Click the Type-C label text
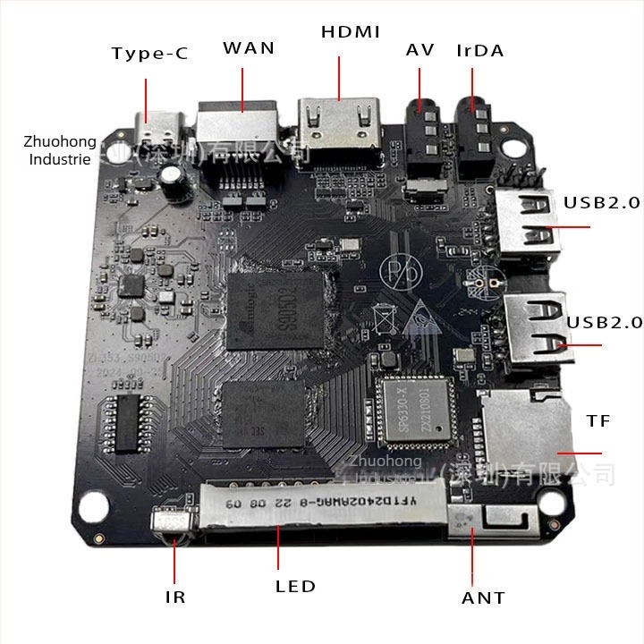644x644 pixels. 149,54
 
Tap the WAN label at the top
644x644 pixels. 249,47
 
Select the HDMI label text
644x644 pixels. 351,32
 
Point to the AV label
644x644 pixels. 419,50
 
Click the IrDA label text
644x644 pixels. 479,50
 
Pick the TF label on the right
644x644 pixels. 598,420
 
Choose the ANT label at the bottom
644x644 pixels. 483,597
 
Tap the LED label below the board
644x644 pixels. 295,587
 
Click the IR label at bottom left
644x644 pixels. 175,597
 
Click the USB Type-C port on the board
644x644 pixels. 161,127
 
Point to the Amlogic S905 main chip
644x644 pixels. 274,309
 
